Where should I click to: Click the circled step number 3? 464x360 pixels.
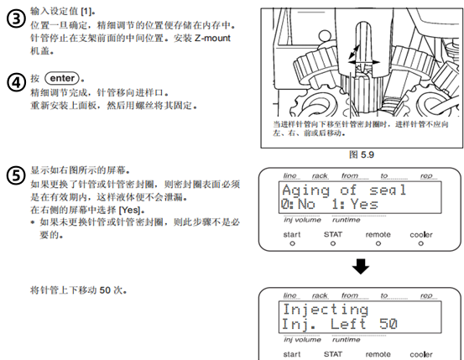pyautogui.click(x=16, y=19)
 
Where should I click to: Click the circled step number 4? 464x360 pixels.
pyautogui.click(x=16, y=82)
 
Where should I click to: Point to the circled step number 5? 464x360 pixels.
pyautogui.click(x=16, y=175)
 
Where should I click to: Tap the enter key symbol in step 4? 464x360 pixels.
pyautogui.click(x=62, y=78)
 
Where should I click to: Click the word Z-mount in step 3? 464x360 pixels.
pyautogui.click(x=212, y=38)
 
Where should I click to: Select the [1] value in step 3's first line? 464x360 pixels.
pyautogui.click(x=86, y=11)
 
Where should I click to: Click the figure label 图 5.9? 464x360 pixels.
pyautogui.click(x=362, y=154)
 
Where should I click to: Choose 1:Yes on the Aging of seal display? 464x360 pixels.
pyautogui.click(x=355, y=204)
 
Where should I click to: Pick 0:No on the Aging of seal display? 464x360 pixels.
pyautogui.click(x=298, y=204)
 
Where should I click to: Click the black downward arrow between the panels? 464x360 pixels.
pyautogui.click(x=361, y=266)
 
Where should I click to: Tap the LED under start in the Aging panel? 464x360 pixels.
pyautogui.click(x=292, y=243)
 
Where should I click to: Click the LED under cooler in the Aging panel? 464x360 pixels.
pyautogui.click(x=421, y=243)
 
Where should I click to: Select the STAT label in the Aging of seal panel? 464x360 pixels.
pyautogui.click(x=333, y=234)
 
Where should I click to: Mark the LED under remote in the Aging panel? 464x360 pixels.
pyautogui.click(x=378, y=243)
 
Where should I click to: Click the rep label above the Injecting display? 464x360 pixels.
pyautogui.click(x=426, y=295)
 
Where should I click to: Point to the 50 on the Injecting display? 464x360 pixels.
pyautogui.click(x=388, y=324)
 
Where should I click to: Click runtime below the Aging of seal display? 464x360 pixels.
pyautogui.click(x=347, y=220)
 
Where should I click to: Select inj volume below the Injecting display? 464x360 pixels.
pyautogui.click(x=302, y=340)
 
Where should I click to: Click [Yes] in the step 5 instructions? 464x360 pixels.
pyautogui.click(x=129, y=210)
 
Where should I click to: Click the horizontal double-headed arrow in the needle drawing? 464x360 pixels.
pyautogui.click(x=363, y=62)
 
